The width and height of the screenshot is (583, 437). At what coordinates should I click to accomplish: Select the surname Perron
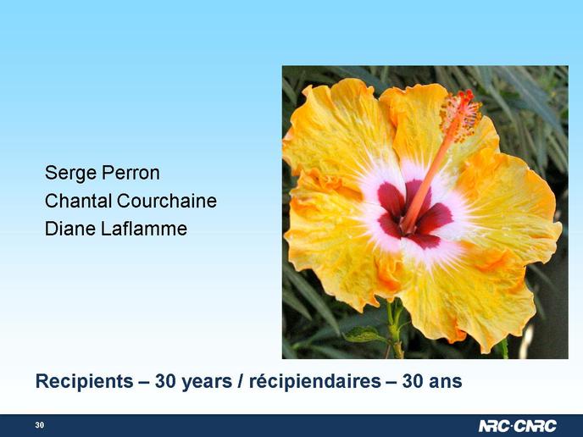[130, 173]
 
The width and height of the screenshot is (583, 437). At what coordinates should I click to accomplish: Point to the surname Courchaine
[167, 201]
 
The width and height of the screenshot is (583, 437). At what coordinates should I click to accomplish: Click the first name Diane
[70, 229]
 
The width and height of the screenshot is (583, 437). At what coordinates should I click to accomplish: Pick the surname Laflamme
[144, 229]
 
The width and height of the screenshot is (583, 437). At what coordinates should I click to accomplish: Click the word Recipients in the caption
[85, 382]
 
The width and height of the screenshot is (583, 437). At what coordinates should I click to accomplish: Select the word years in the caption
[207, 382]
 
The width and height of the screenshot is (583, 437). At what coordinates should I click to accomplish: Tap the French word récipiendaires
[315, 381]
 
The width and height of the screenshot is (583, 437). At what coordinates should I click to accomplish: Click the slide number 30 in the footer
[40, 425]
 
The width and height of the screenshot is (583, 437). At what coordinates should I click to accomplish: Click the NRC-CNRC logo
[517, 426]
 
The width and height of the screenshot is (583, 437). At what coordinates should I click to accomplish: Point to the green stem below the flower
[396, 329]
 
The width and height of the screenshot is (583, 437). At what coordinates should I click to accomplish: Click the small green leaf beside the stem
[364, 335]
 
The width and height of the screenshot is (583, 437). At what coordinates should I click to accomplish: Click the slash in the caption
[240, 382]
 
